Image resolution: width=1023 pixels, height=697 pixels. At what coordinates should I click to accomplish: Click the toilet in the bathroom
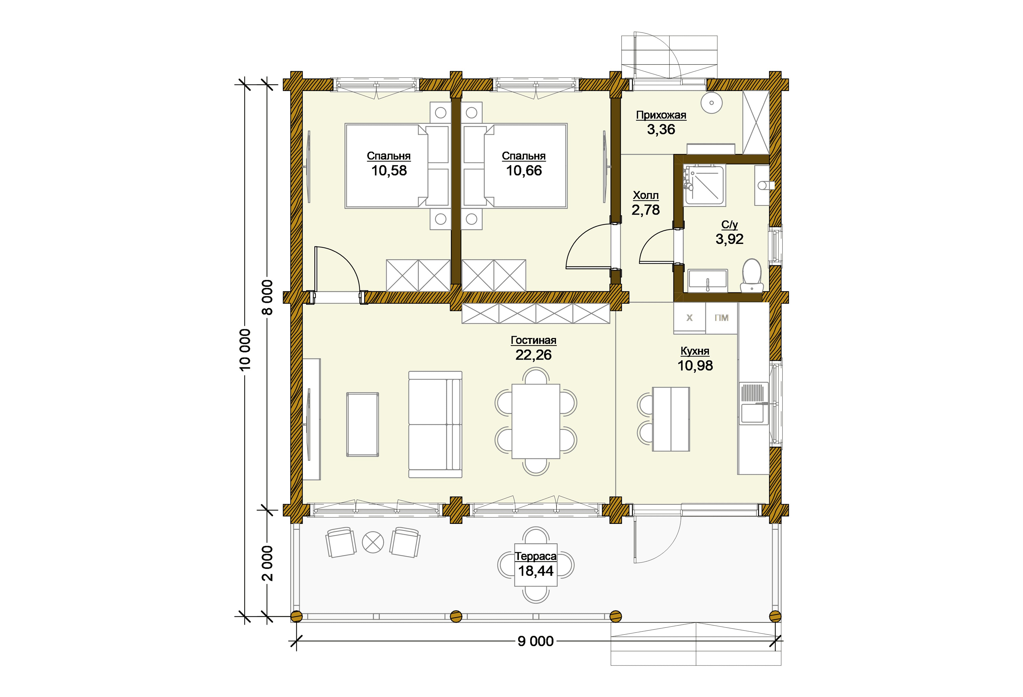(x=752, y=275)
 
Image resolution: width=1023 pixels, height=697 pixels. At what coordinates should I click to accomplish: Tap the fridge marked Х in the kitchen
(x=689, y=318)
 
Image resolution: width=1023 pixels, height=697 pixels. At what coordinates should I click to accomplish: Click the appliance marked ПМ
(x=721, y=318)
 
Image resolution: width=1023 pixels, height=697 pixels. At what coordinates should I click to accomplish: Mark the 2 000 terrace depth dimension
(x=267, y=564)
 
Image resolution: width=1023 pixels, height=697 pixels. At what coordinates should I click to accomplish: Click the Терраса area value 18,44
(x=536, y=571)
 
